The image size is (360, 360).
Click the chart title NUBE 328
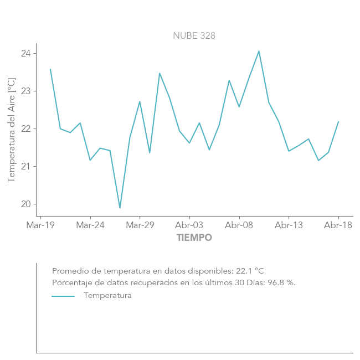pyautogui.click(x=194, y=35)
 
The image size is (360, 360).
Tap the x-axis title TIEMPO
pyautogui.click(x=194, y=238)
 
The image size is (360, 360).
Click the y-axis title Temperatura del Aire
pyautogui.click(x=12, y=130)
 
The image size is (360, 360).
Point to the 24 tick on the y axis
pyautogui.click(x=26, y=54)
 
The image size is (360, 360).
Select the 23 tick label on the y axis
pyautogui.click(x=26, y=91)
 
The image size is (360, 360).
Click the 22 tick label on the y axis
pyautogui.click(x=26, y=129)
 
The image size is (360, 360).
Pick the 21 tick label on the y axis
pyautogui.click(x=26, y=167)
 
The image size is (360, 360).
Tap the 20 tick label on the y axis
pyautogui.click(x=26, y=204)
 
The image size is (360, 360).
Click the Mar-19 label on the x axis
pyautogui.click(x=40, y=225)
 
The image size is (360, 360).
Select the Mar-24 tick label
pyautogui.click(x=90, y=225)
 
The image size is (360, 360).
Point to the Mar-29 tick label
pyautogui.click(x=140, y=225)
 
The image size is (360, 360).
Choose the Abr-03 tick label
pyautogui.click(x=189, y=225)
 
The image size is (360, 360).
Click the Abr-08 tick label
pyautogui.click(x=239, y=225)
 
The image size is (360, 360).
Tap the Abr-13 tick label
pyautogui.click(x=289, y=225)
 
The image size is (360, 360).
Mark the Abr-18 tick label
pyautogui.click(x=338, y=225)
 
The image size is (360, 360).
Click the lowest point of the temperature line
pyautogui.click(x=120, y=208)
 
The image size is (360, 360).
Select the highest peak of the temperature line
pyautogui.click(x=259, y=51)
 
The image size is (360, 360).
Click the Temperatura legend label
pyautogui.click(x=107, y=296)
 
